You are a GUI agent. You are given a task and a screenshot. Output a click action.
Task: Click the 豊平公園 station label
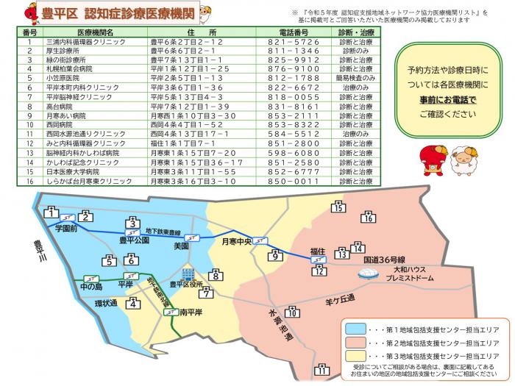pos(134,240)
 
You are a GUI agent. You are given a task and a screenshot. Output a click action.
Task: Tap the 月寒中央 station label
pos(237,240)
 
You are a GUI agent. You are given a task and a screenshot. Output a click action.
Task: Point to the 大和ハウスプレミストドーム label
pos(412,274)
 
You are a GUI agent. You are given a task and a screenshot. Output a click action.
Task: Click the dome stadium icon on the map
pos(366,273)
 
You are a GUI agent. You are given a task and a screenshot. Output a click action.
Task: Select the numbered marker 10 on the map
pos(293,312)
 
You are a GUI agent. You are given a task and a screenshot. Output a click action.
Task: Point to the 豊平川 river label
pos(36,252)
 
